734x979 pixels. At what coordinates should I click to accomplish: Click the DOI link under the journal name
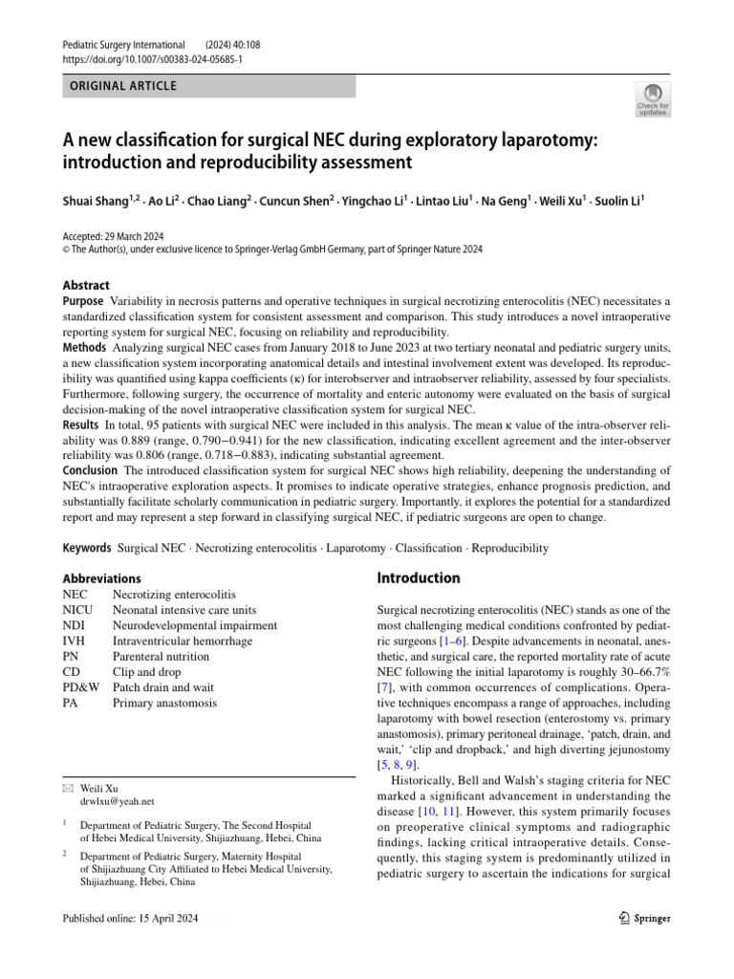point(152,59)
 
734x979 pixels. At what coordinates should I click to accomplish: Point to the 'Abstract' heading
point(86,285)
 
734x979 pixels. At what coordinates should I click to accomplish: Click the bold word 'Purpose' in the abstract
point(83,301)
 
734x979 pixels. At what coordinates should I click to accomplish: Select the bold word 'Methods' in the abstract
point(84,347)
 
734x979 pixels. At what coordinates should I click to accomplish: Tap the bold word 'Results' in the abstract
point(80,424)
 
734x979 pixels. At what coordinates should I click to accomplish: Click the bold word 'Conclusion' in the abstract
point(90,469)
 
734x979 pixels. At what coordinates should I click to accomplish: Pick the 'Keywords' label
point(87,549)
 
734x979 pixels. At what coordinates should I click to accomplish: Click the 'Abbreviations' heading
point(101,578)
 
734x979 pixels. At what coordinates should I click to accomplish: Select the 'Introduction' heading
point(419,578)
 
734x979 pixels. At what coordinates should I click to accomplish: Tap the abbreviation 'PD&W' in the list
point(80,687)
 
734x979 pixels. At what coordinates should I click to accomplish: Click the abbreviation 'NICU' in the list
point(78,610)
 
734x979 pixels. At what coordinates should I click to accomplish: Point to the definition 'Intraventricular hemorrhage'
point(182,642)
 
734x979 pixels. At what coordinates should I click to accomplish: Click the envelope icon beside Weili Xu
point(67,788)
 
